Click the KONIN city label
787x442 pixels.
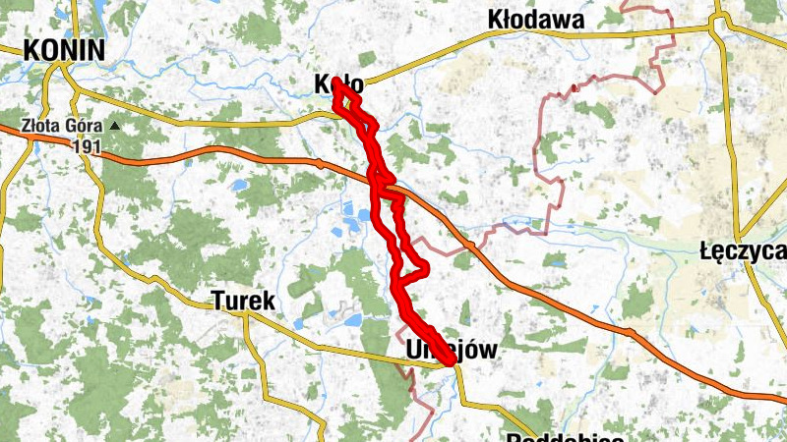point(65,50)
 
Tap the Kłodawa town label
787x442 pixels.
point(536,19)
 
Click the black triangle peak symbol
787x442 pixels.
point(116,126)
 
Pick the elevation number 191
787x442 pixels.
point(89,145)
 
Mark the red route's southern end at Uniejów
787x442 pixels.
point(452,362)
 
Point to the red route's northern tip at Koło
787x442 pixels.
point(336,81)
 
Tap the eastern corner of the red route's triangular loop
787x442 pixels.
point(428,269)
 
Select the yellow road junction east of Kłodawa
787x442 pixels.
point(718,27)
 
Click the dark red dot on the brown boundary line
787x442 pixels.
point(573,88)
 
